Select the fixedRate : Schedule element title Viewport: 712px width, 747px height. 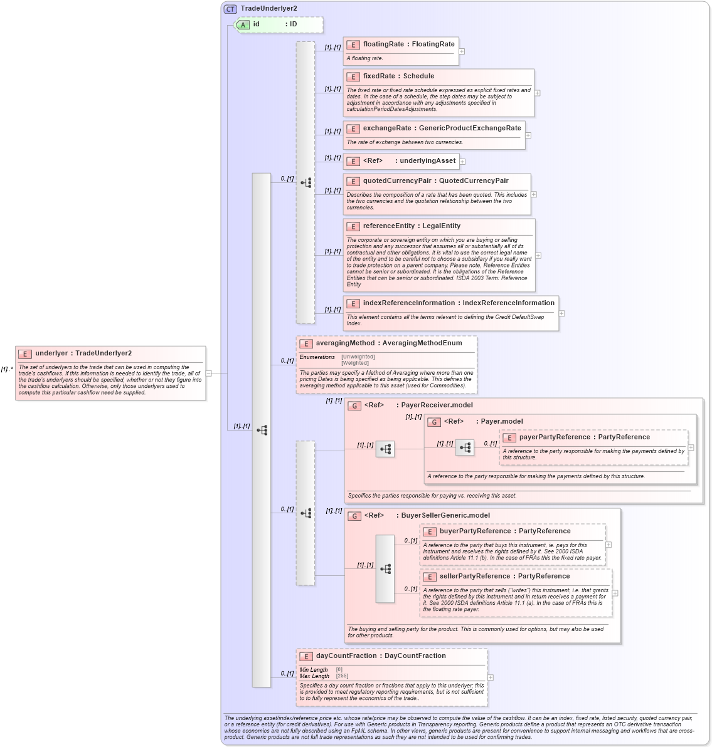[x=398, y=76]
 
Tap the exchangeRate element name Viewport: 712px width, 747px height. [x=442, y=128]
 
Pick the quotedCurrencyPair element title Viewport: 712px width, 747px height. [x=435, y=181]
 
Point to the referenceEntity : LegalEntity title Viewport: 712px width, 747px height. [x=412, y=226]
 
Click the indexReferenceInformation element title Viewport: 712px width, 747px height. [x=459, y=303]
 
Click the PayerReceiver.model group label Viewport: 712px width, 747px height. [x=437, y=405]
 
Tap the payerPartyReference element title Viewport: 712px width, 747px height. [x=584, y=437]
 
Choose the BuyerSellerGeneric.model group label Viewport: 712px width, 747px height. [x=445, y=516]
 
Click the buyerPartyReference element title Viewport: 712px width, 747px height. [x=505, y=531]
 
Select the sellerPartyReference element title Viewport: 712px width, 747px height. [x=504, y=577]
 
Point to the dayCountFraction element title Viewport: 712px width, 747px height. [x=381, y=656]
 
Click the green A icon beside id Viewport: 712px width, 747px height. [x=243, y=25]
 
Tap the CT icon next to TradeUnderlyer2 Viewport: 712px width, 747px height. [x=230, y=9]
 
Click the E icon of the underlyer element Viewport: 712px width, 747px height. [x=25, y=354]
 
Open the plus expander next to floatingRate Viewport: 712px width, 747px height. [x=462, y=51]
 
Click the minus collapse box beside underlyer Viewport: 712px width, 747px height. [x=209, y=373]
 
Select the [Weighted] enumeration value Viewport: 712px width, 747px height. [x=355, y=363]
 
